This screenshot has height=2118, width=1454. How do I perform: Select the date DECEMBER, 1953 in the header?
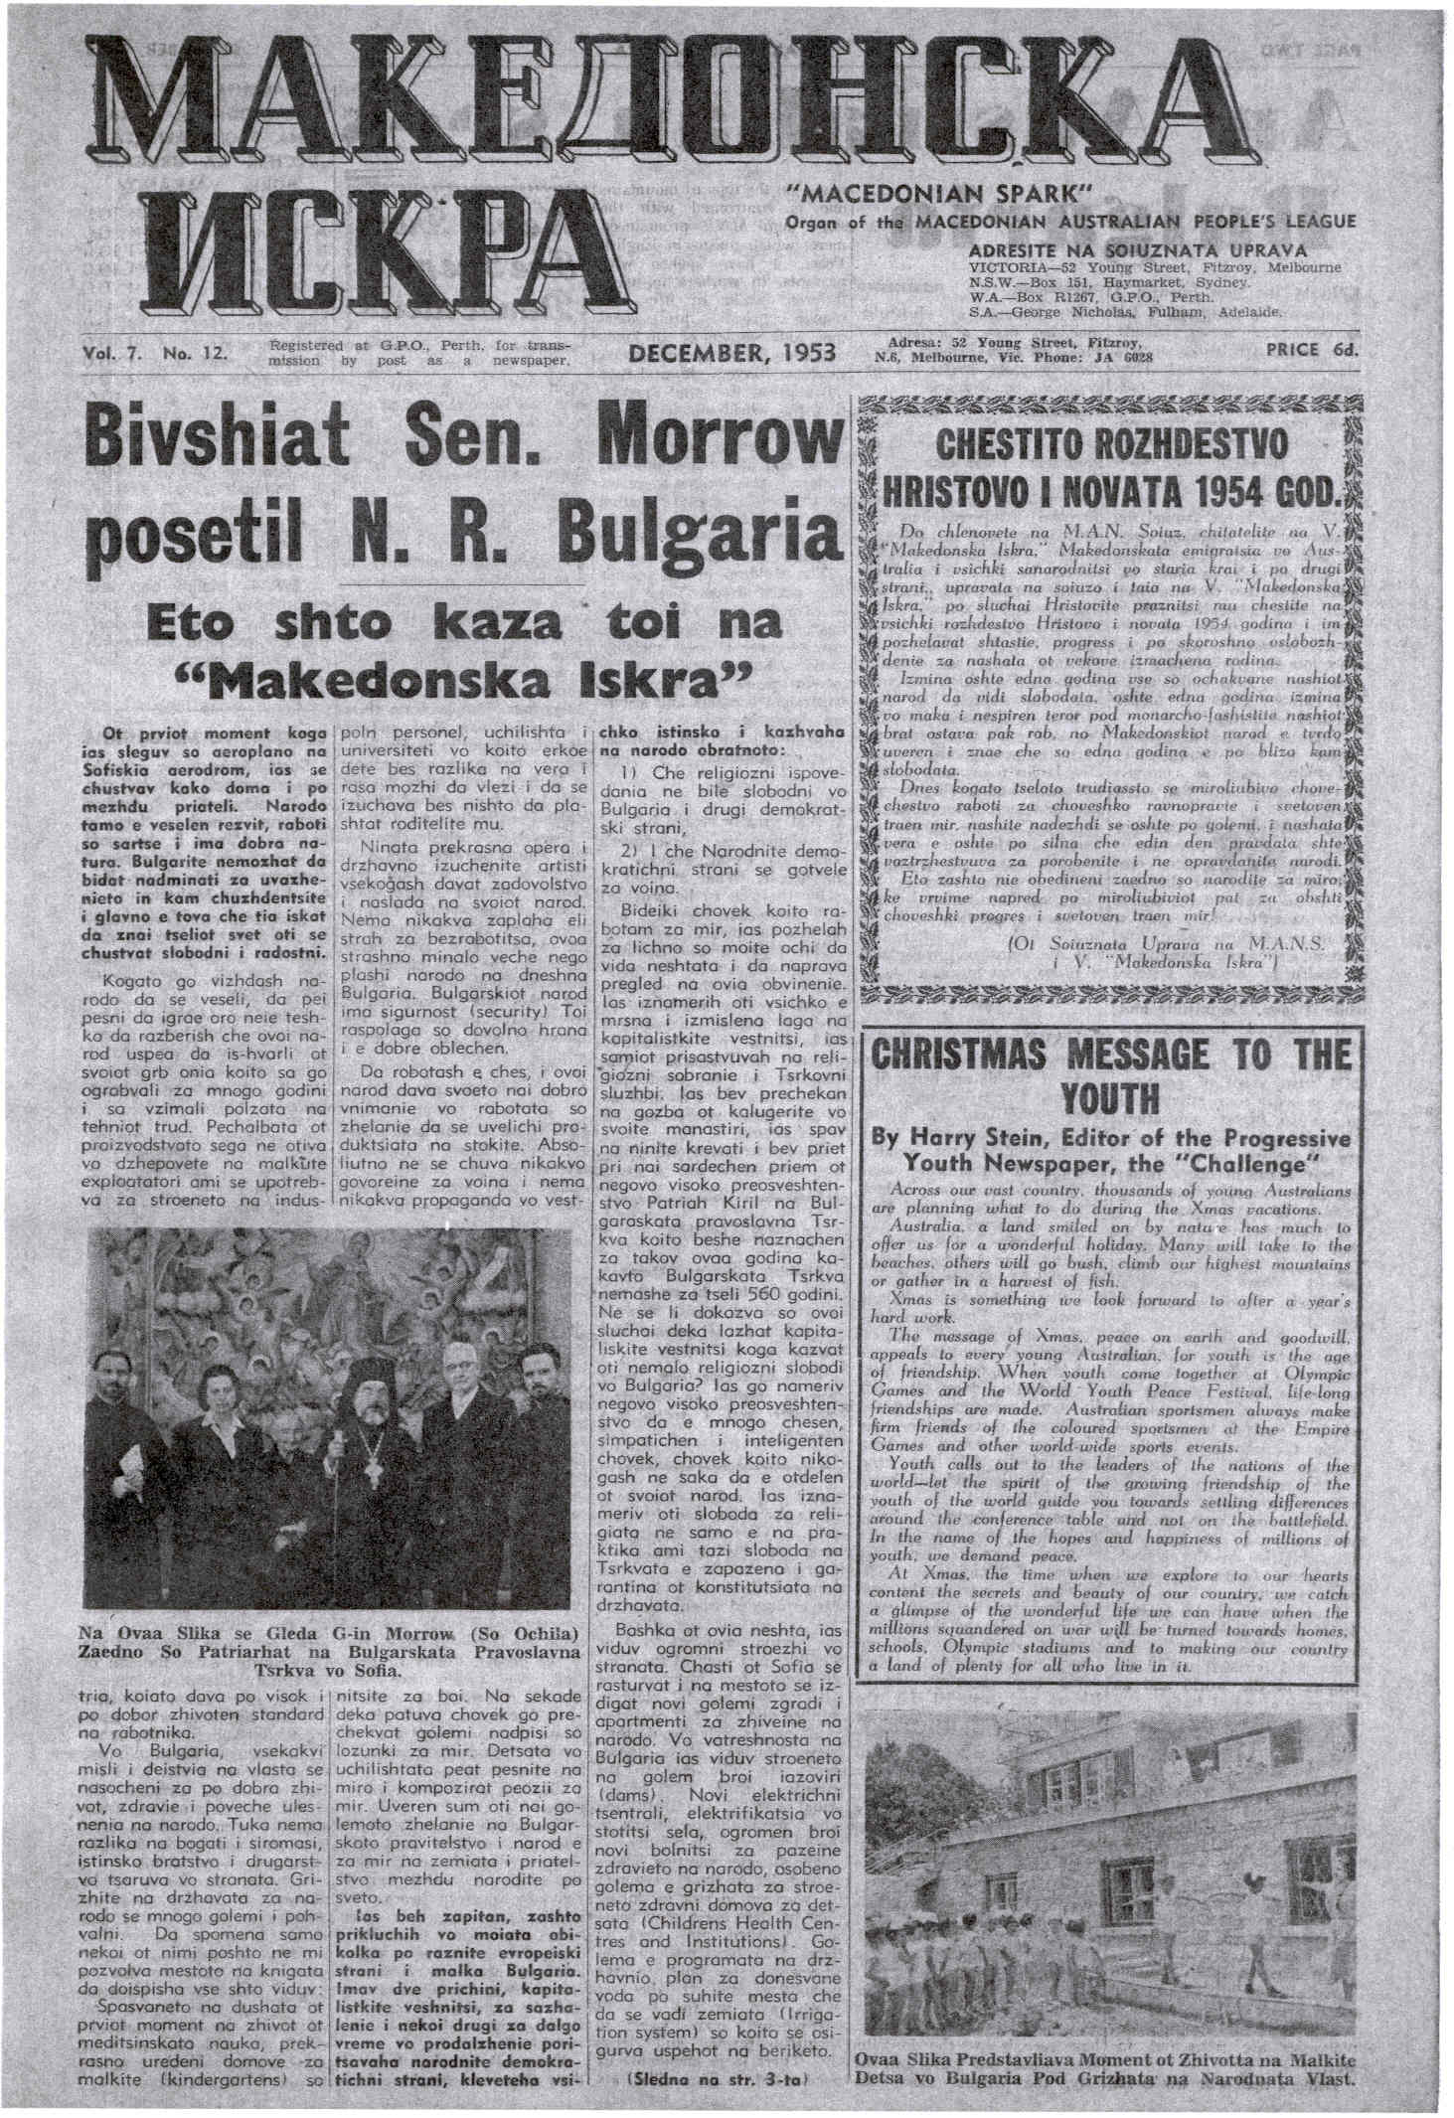coord(732,353)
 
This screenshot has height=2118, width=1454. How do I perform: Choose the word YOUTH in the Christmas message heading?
coord(1109,1099)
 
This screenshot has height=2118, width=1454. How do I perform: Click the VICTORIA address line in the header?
coord(1154,268)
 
